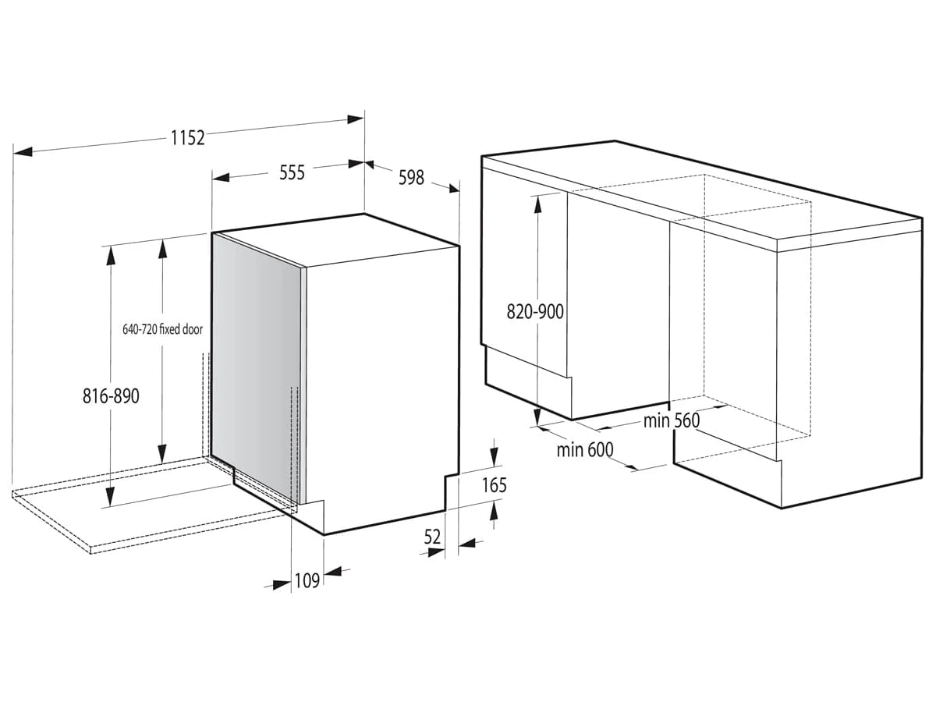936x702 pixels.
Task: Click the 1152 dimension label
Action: pos(188,138)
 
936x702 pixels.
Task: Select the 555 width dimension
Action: pos(292,172)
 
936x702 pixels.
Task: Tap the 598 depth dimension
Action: pos(411,177)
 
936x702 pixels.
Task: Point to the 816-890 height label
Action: pos(111,396)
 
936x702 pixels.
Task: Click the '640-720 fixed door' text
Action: pos(162,329)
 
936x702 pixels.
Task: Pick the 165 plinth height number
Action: pos(495,485)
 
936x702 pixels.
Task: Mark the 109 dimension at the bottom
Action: pos(307,580)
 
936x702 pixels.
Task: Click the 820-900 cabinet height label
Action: pos(535,312)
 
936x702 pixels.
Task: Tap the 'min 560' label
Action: pos(672,420)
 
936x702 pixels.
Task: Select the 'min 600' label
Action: pos(585,450)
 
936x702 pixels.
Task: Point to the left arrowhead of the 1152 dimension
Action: pos(23,151)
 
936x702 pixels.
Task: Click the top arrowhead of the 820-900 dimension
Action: pos(537,205)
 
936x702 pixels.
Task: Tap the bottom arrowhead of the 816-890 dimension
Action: pos(111,497)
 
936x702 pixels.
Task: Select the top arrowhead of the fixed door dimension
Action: pos(162,250)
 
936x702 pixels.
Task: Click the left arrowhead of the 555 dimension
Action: pos(221,177)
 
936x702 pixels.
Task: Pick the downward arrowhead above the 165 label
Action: pos(494,457)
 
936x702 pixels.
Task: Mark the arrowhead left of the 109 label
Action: pos(282,585)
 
